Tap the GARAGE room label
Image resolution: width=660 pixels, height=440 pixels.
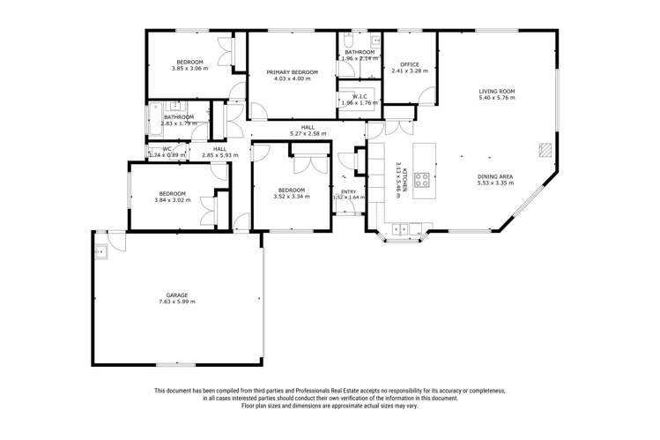[177, 295]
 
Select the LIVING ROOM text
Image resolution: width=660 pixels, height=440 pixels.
[496, 91]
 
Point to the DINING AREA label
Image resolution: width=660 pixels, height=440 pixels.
[494, 176]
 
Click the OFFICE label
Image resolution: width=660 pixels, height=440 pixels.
[408, 63]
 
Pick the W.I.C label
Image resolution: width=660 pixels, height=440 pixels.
[359, 96]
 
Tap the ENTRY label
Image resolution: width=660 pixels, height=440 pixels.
[349, 191]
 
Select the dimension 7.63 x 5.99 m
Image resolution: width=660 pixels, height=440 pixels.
[177, 302]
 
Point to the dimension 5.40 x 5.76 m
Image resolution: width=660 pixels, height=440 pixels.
[496, 98]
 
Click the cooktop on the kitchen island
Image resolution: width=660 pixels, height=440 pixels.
[421, 179]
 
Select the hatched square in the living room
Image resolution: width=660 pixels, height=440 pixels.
[546, 151]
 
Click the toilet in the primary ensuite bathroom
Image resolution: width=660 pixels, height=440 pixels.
[349, 41]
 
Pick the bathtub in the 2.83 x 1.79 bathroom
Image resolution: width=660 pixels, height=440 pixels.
[156, 117]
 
